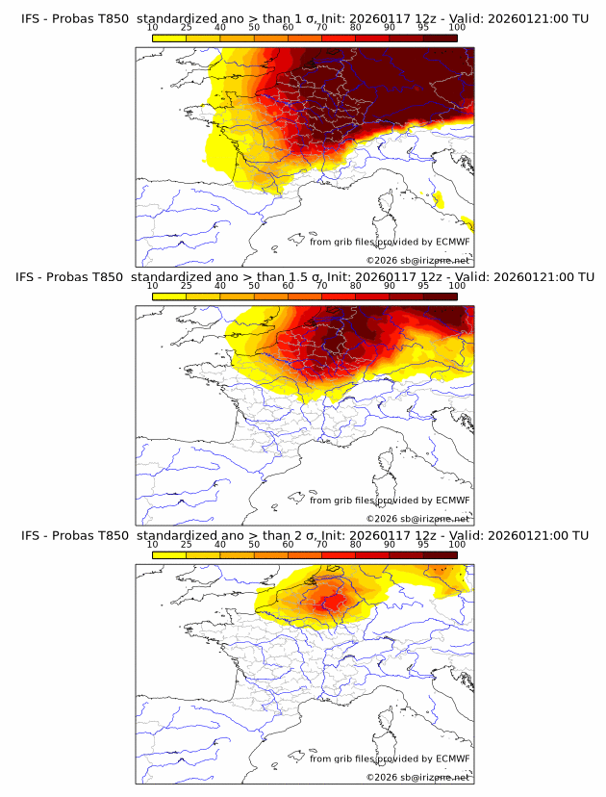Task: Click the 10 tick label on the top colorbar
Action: [x=153, y=27]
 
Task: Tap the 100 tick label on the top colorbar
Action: [x=457, y=27]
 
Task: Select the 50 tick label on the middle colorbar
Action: [x=254, y=286]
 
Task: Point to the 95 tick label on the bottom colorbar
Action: [x=423, y=545]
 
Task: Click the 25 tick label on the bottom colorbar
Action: [x=187, y=545]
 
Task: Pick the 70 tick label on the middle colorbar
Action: [x=321, y=286]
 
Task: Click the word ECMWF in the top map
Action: [x=452, y=242]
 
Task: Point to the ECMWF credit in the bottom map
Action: [x=452, y=759]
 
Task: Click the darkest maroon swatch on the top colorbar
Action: [x=440, y=38]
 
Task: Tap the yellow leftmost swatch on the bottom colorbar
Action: [x=169, y=555]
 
